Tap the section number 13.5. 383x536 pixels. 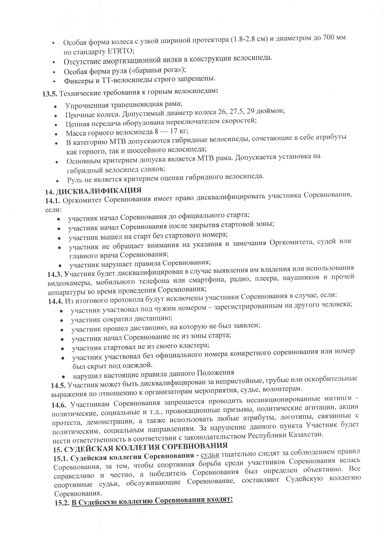point(50,94)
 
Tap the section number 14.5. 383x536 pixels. point(59,385)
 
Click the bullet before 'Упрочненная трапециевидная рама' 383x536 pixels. point(55,106)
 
